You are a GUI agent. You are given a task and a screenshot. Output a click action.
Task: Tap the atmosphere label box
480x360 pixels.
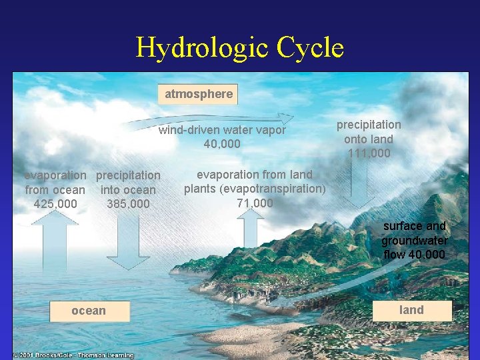199,94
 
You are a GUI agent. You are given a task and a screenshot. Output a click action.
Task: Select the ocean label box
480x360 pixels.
89,310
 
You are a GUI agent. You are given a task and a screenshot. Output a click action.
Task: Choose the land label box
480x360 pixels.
411,310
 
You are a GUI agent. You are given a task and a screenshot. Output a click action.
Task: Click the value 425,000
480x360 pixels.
55,203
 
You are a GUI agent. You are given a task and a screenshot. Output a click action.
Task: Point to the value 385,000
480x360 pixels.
128,203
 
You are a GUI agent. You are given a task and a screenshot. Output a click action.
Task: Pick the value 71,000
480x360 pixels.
255,203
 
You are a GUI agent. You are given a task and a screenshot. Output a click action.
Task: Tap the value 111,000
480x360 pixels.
369,153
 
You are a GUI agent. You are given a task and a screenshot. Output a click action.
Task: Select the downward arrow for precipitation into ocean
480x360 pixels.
128,243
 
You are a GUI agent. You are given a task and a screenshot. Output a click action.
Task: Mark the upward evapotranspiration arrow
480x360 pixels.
251,230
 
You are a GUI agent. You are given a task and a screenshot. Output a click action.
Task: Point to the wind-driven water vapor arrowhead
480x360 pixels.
285,117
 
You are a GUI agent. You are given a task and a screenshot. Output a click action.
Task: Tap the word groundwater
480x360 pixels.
414,240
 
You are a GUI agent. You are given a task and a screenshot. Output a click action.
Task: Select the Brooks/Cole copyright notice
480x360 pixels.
73,355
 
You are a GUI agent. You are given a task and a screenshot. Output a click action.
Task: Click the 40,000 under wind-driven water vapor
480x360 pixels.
222,144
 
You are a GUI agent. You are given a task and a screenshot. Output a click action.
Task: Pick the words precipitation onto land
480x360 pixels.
369,132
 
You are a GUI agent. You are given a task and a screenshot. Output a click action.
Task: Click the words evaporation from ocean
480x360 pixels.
55,183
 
